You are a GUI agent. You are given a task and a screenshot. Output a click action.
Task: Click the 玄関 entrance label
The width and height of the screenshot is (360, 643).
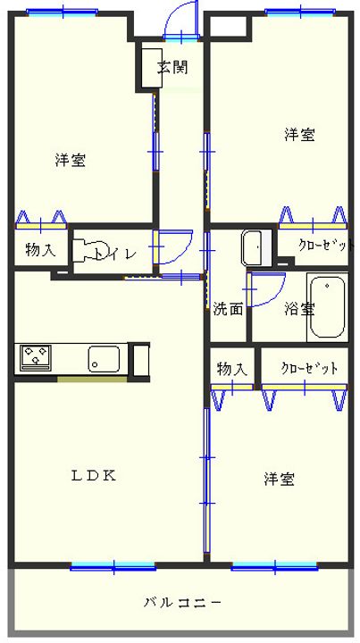[x=173, y=68]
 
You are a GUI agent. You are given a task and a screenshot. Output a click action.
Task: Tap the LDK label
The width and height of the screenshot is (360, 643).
[x=93, y=475]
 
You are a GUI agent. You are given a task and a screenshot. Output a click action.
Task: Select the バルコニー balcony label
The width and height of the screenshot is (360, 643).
[x=182, y=602]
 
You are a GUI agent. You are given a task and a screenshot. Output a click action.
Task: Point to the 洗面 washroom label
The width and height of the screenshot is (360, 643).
[x=228, y=310]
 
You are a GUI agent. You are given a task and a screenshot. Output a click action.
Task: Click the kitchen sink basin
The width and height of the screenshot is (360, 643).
[x=105, y=360]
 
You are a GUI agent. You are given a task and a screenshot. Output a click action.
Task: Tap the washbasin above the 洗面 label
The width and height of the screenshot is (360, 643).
[x=254, y=247]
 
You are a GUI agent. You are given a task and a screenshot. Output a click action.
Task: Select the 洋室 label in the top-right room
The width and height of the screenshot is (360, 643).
[x=299, y=135]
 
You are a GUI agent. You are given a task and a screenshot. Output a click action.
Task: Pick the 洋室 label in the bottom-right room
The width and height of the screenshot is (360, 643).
[x=279, y=480]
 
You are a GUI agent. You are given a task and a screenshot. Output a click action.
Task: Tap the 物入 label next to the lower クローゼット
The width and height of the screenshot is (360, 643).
[x=231, y=369]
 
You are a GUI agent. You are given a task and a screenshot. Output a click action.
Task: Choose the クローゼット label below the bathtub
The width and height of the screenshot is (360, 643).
[x=309, y=369]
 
